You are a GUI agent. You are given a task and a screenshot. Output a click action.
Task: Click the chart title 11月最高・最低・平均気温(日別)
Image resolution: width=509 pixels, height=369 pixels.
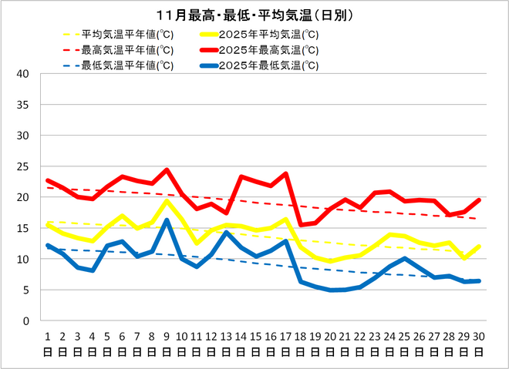point(254,15)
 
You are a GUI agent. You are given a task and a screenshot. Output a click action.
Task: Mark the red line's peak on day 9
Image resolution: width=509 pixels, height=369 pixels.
point(167,170)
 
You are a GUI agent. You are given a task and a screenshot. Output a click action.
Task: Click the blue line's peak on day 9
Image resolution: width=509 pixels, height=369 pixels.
point(167,220)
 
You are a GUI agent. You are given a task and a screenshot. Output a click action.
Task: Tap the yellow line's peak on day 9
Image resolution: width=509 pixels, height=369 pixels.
point(167,201)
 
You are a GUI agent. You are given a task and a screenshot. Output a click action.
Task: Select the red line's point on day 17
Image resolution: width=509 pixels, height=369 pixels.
point(285,174)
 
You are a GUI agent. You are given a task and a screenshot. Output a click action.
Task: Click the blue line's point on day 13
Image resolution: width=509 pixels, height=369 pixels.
point(226,233)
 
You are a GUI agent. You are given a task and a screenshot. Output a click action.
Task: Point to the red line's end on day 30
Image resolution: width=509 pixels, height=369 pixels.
point(479,200)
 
